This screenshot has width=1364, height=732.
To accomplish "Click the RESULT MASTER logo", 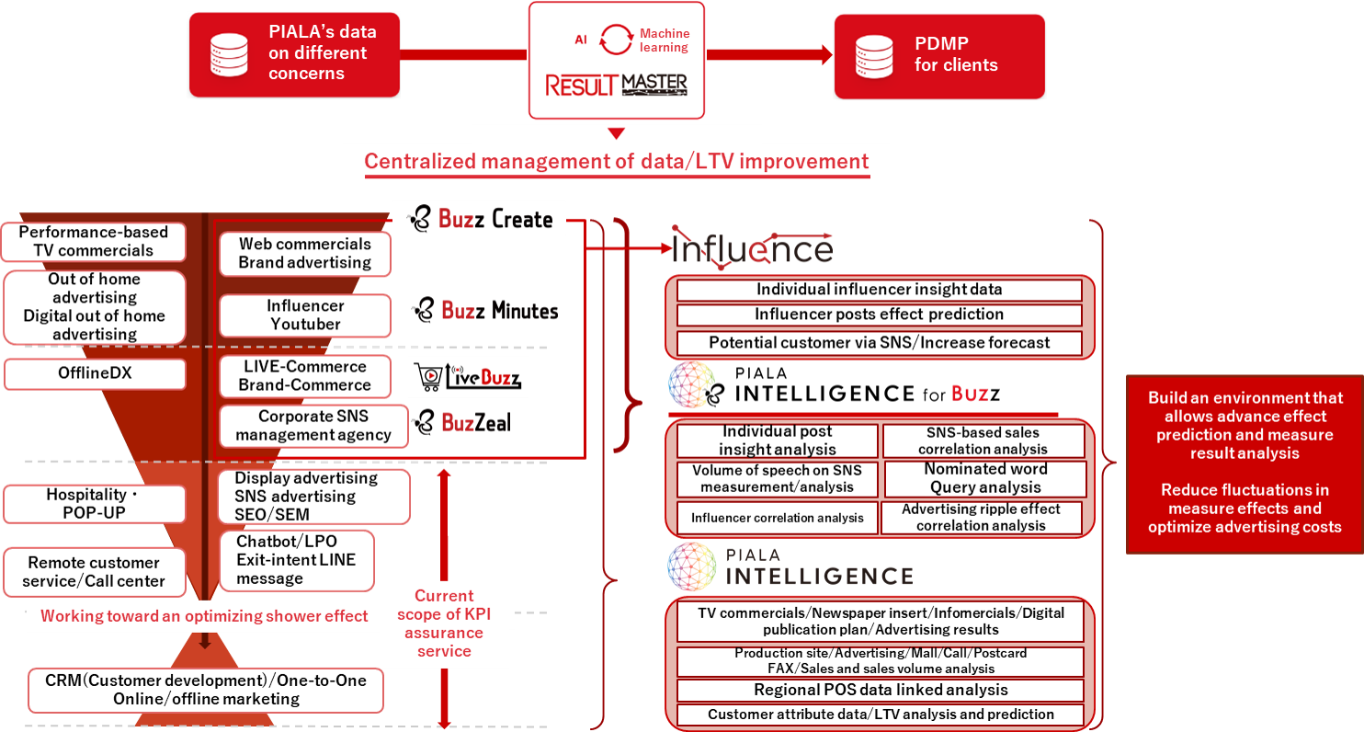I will [616, 85].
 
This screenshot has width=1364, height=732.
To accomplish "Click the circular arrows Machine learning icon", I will [616, 40].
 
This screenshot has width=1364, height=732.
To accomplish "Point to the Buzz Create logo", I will [483, 219].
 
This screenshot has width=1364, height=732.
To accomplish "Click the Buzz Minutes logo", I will [486, 311].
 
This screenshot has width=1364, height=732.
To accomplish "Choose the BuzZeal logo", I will [463, 422].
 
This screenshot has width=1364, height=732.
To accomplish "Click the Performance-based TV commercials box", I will [94, 242].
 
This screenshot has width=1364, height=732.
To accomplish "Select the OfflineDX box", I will [95, 374].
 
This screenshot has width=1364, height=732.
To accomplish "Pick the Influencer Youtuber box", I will [305, 315].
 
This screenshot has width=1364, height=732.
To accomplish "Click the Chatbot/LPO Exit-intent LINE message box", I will [296, 560].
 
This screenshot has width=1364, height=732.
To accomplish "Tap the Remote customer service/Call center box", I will [95, 571].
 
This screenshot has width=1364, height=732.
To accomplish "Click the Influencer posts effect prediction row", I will [879, 315].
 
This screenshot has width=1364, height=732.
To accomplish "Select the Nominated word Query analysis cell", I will [984, 478].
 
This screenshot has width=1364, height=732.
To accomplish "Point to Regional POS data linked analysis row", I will [880, 691].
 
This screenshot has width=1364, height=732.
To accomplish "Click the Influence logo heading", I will [752, 247].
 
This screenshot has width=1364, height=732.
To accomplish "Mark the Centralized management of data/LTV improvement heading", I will [616, 162].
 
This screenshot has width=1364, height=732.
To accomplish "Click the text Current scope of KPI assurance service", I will [444, 623].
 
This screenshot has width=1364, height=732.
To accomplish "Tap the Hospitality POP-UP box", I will [95, 504].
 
